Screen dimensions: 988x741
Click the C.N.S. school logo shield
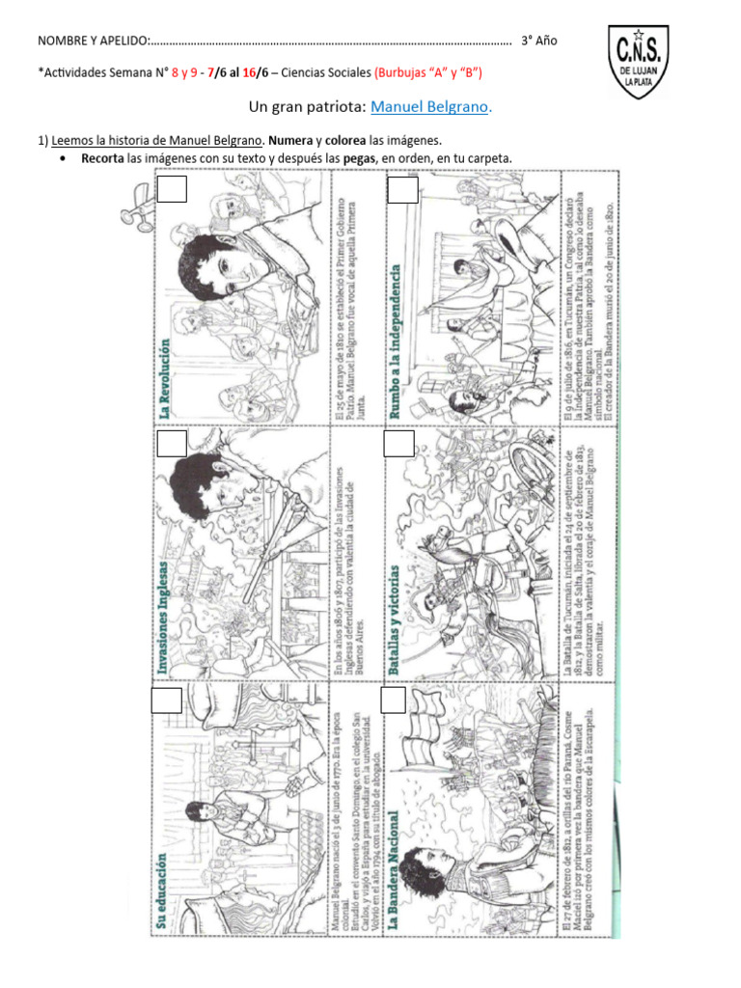coord(638,62)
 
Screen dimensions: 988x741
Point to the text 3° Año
coord(538,41)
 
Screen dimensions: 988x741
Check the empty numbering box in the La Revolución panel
coord(172,190)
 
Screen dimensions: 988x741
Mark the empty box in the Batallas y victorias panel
coord(398,444)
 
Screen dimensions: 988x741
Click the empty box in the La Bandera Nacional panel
coord(393,700)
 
